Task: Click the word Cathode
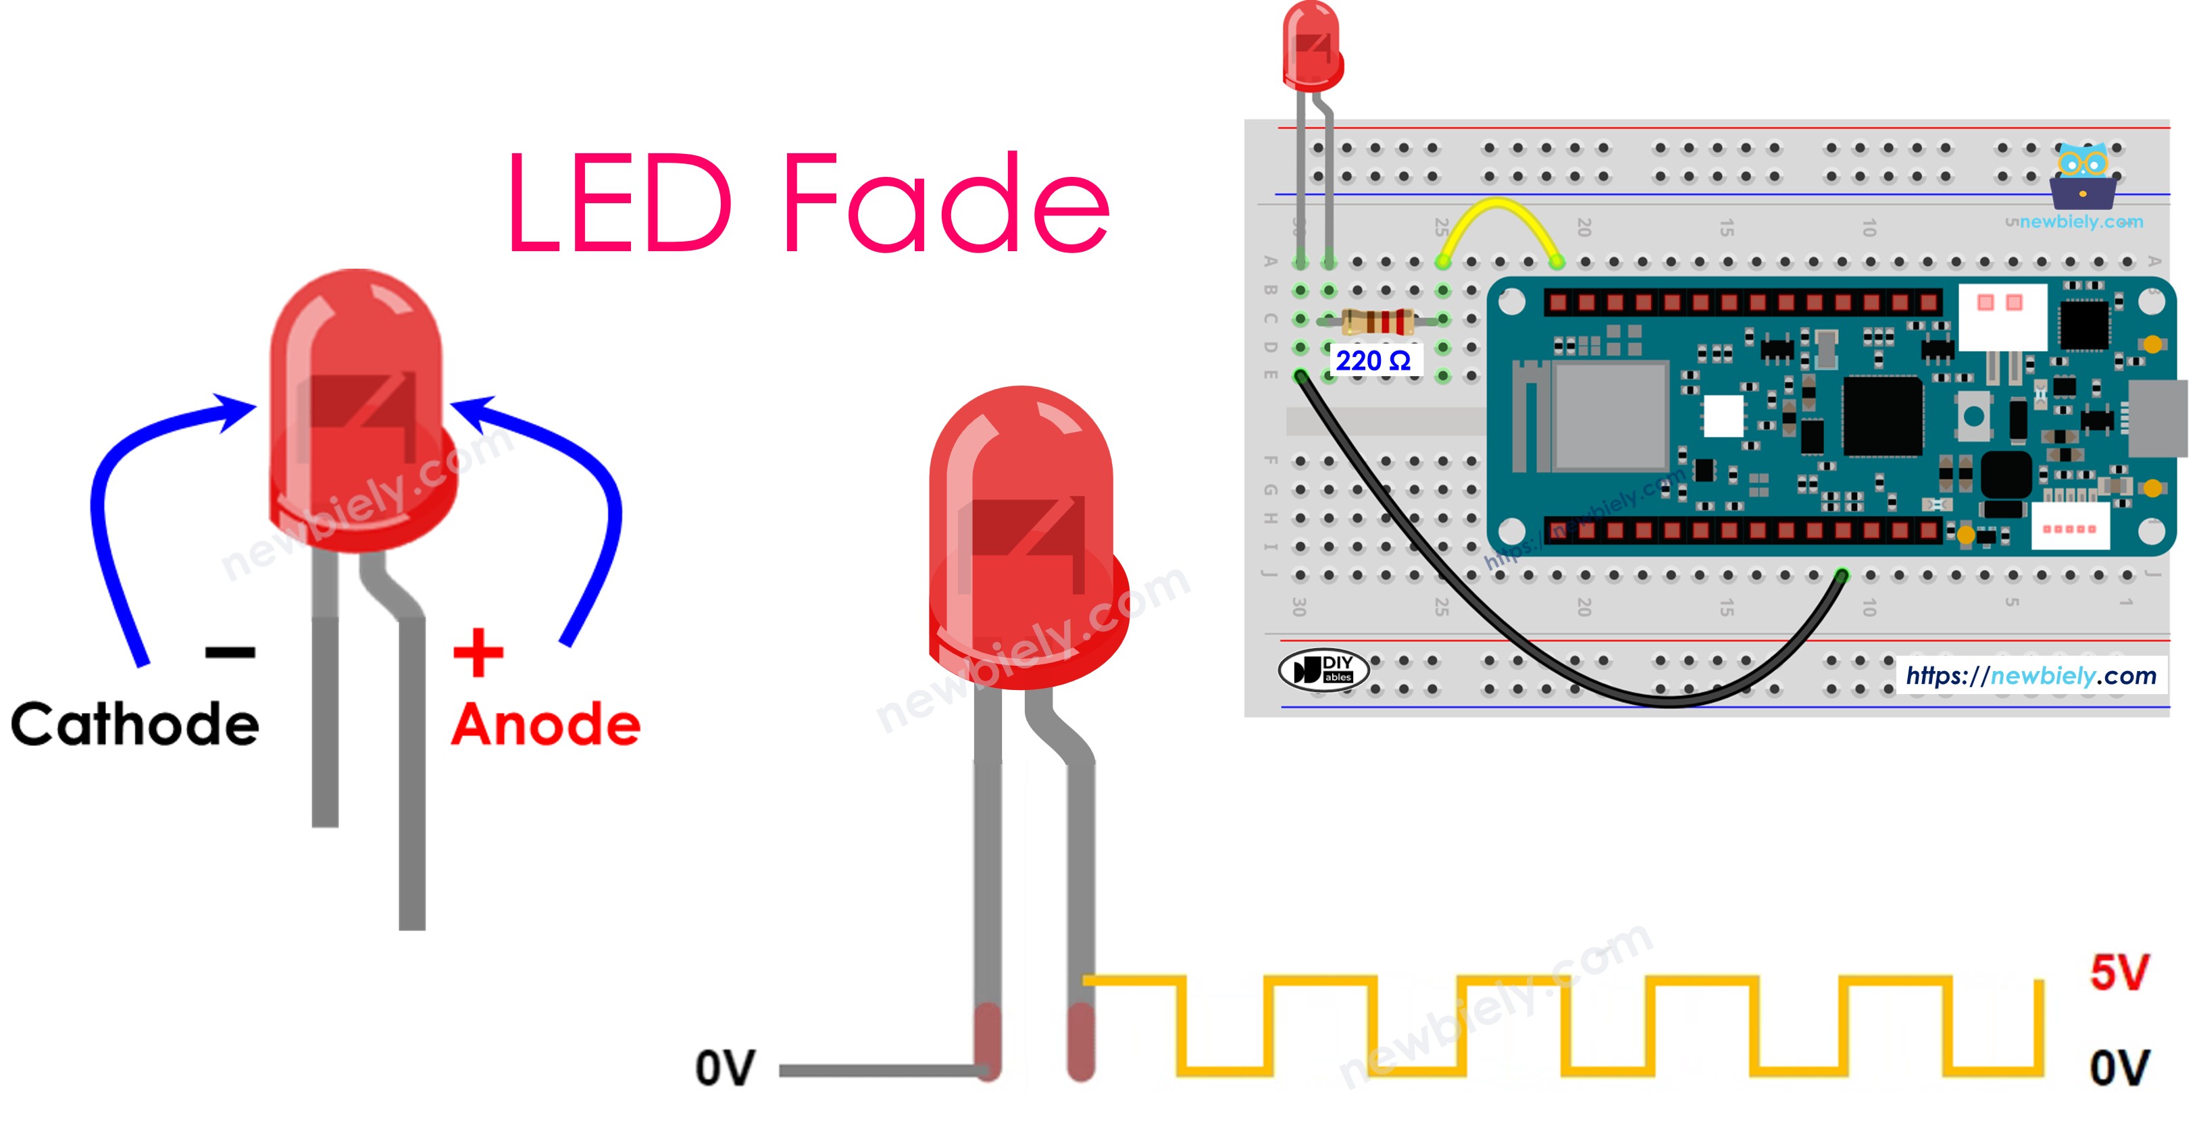(x=135, y=724)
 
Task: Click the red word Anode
(x=545, y=724)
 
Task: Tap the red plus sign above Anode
(x=478, y=653)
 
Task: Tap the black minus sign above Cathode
(x=230, y=653)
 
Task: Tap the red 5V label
(x=2119, y=972)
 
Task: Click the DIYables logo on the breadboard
(x=1323, y=670)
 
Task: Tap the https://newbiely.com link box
(x=2031, y=676)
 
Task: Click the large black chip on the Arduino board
(x=1882, y=416)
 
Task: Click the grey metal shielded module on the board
(x=1609, y=416)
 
